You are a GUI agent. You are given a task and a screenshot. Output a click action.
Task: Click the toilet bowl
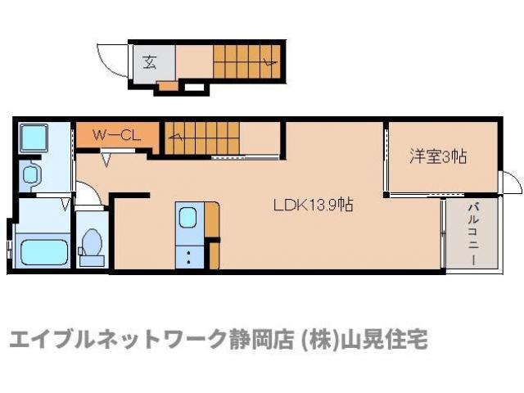(91, 242)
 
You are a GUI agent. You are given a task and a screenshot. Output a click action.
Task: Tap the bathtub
(44, 249)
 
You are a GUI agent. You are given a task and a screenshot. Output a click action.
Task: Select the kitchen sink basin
(187, 219)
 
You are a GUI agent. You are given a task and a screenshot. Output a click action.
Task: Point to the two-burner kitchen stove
(187, 256)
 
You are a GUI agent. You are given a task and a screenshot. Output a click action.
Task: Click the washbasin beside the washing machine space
(32, 174)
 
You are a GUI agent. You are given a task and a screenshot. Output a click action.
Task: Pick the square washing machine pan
(34, 138)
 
